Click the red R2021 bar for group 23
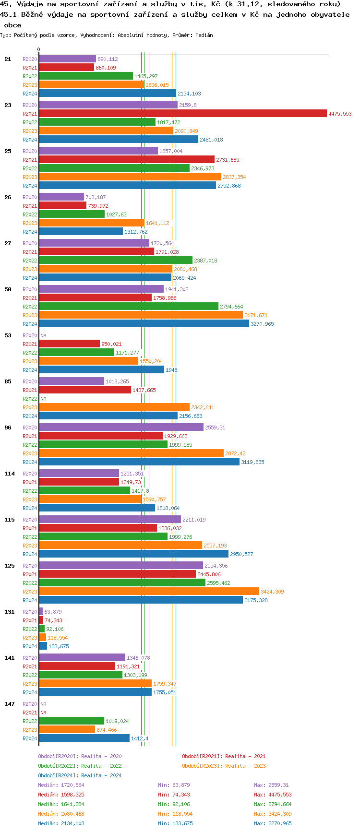[182, 114]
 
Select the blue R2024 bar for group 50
[144, 324]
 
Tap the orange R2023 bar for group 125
[149, 592]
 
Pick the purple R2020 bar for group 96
[121, 428]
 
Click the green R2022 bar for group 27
[115, 261]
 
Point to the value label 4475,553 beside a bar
[340, 114]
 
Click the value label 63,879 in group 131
[53, 612]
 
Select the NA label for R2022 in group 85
[43, 399]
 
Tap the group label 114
[10, 474]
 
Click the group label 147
[10, 704]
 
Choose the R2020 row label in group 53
[30, 335]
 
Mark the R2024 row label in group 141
[30, 692]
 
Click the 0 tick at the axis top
[39, 50]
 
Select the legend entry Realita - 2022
[80, 766]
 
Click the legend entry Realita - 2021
[224, 756]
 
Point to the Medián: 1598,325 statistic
[61, 795]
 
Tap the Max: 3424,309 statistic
[273, 814]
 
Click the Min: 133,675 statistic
[175, 823]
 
